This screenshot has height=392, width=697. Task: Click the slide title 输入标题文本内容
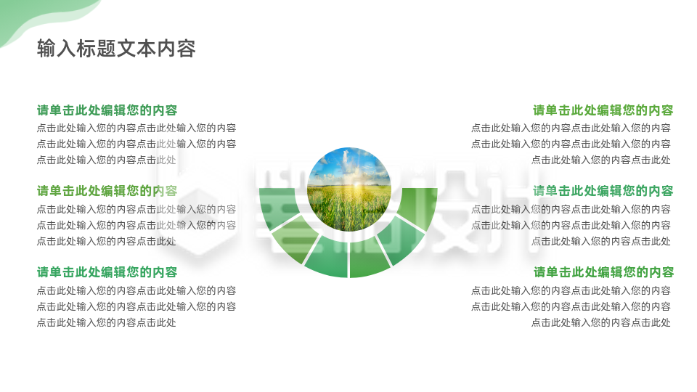point(116,49)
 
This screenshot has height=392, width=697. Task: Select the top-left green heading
point(107,110)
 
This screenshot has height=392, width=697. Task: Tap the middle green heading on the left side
point(107,191)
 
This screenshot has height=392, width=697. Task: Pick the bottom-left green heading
point(107,272)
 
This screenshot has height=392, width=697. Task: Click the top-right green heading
point(603,110)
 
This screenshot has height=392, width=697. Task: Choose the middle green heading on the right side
point(603,191)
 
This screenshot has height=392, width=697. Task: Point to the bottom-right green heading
point(603,272)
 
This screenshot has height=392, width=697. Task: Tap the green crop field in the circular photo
point(348,211)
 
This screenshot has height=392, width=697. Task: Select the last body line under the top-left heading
point(106,160)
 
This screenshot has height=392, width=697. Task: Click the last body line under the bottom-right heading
point(601,322)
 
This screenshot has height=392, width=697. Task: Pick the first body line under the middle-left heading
point(136,209)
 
